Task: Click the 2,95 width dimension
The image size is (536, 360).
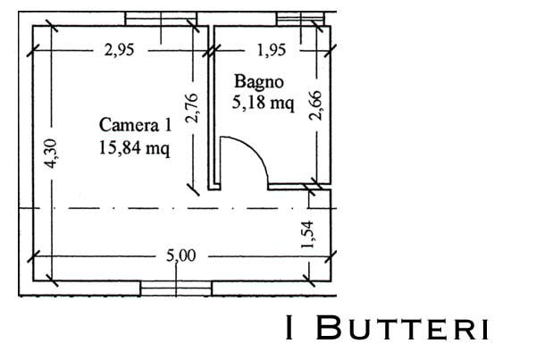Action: pos(120,50)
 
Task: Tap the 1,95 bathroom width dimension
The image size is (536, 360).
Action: pos(271,50)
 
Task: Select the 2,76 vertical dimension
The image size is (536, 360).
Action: pos(191,108)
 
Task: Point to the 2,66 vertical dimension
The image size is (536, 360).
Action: pos(315,105)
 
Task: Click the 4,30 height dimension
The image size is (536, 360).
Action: pos(51,154)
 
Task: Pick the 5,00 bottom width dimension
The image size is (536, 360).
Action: pos(181,255)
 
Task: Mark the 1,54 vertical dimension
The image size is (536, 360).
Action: pos(307,235)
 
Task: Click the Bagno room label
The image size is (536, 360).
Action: pos(259,82)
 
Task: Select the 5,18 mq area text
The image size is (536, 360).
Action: pos(263,103)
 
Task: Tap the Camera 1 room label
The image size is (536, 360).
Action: pos(135,125)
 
